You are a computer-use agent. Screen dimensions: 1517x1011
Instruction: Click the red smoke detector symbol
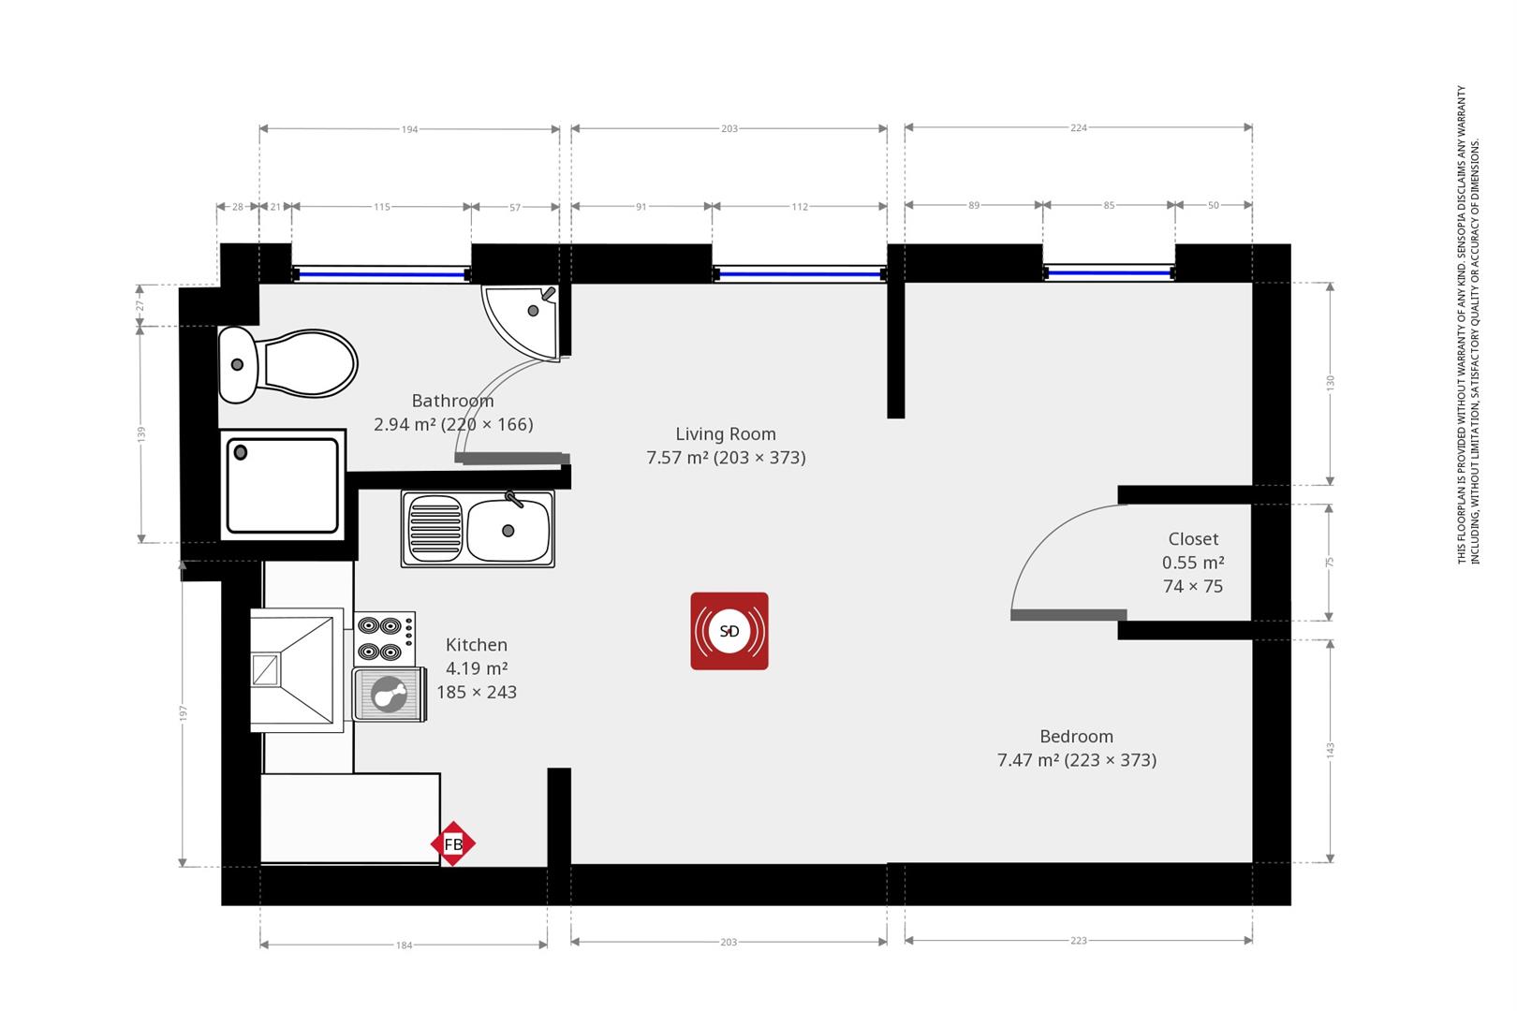click(x=729, y=631)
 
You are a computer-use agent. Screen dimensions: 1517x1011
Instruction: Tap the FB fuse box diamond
click(x=453, y=843)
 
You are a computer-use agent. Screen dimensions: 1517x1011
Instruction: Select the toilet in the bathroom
click(x=287, y=364)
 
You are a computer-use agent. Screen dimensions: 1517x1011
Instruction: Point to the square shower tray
click(x=283, y=485)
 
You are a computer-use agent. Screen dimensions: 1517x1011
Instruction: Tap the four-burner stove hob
click(x=384, y=637)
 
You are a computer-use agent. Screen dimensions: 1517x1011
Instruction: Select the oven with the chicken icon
click(x=390, y=694)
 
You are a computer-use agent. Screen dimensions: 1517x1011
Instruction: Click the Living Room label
click(x=726, y=433)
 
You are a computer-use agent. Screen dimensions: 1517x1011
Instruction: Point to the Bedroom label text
click(x=1077, y=736)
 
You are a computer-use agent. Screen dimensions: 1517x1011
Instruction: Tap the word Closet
click(x=1193, y=539)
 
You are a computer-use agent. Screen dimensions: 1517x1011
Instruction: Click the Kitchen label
click(x=477, y=645)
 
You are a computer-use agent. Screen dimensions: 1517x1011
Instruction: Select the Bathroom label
click(x=453, y=401)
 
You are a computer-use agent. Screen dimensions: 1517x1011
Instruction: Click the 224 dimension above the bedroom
click(x=1079, y=127)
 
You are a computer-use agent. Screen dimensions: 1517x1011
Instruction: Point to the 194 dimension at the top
click(x=410, y=129)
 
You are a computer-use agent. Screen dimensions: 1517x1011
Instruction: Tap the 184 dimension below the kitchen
click(x=405, y=945)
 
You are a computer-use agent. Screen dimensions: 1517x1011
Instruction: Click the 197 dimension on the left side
click(x=183, y=713)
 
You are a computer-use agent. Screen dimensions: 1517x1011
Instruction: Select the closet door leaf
click(x=1068, y=615)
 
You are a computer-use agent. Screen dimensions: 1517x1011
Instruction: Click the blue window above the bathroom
click(x=382, y=274)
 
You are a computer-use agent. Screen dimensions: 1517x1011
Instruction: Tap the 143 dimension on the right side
click(x=1330, y=751)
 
